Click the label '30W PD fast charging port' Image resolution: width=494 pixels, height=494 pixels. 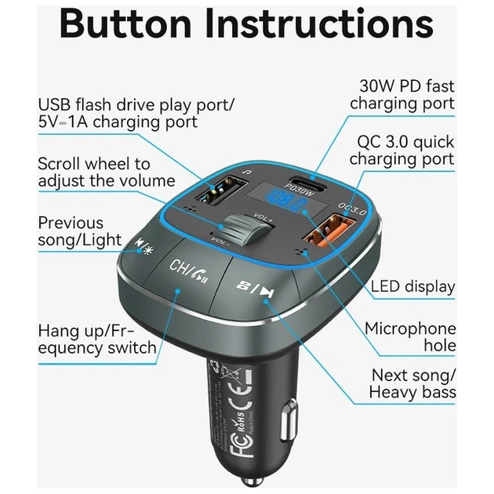click(x=401, y=94)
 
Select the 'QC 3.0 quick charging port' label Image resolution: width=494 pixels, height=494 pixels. click(x=401, y=149)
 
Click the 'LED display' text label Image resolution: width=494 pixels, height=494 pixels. click(x=412, y=286)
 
